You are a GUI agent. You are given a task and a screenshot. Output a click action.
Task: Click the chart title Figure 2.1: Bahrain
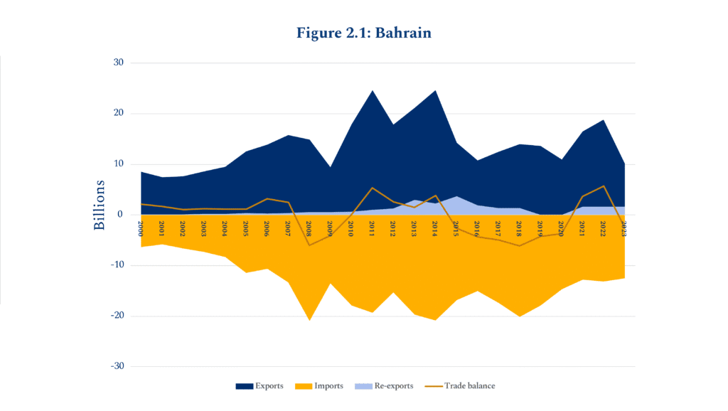[x=363, y=33]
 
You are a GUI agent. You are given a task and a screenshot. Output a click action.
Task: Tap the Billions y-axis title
[x=100, y=205]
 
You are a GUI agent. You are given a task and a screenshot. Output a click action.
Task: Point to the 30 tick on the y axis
[x=118, y=63]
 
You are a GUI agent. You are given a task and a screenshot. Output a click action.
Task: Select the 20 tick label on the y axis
[x=118, y=113]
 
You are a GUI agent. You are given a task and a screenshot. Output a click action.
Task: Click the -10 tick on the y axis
[x=116, y=265]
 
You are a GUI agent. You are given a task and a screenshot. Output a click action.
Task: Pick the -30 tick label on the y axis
[x=116, y=366]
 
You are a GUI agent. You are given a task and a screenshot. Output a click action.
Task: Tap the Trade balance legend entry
[x=460, y=386]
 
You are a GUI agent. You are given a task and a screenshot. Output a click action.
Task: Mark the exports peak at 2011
[x=373, y=90]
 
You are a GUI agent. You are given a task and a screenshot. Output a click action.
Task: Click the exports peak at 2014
[x=436, y=90]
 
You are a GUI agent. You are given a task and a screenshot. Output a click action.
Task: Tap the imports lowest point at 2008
[x=309, y=321]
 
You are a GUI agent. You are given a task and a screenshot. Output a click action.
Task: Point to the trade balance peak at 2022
[x=604, y=186]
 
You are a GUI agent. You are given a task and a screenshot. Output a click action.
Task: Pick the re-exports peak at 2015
[x=457, y=196]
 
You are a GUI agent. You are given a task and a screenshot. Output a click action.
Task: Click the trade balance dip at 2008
[x=309, y=245]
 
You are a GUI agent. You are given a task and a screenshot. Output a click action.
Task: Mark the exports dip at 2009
[x=330, y=167]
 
